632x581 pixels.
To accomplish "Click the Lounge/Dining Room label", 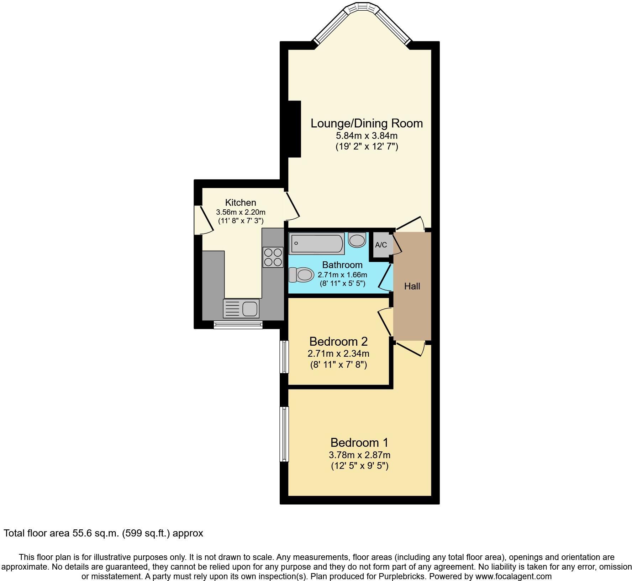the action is pos(367,123).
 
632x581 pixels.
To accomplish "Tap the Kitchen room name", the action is pos(241,203).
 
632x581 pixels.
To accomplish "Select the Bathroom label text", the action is pos(342,265).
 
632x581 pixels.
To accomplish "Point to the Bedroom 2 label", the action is pos(338,341).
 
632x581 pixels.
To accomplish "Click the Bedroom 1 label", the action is pos(359,443).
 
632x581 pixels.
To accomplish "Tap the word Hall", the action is pos(412,286).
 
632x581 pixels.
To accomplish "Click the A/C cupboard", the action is pos(381,245).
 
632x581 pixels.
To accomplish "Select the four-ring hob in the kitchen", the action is pos(273,257).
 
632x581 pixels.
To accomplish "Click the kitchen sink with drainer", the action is pos(241,308).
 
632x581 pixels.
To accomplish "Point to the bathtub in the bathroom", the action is pos(316,244).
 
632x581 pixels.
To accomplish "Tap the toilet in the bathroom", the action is pos(301,275).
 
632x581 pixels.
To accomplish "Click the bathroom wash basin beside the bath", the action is pos(357,240).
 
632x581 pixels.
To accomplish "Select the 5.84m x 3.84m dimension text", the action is pos(367,136).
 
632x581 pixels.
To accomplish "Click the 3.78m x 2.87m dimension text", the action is pos(359,455).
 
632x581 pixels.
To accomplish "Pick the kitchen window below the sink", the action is pos(238,324).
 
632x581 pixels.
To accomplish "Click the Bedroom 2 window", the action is pos(284,357).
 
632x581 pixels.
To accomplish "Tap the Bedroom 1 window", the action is pos(284,434).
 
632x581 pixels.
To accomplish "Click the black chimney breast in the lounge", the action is pos(294,129).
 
